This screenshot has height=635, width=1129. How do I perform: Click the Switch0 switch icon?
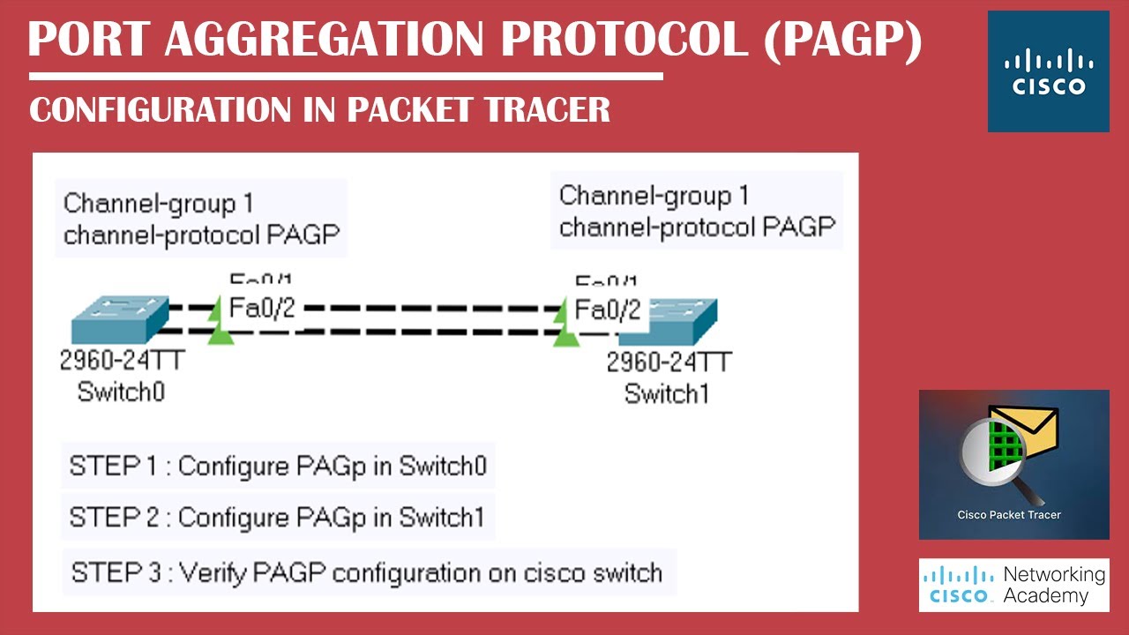119,319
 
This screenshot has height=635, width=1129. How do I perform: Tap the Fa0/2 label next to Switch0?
262,308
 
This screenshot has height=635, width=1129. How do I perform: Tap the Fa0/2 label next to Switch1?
608,310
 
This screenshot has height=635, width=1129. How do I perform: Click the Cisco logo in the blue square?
1048,72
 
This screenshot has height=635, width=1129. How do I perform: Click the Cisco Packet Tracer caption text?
1009,515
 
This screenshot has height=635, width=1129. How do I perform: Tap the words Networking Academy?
1054,585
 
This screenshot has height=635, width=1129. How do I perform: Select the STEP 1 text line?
278,466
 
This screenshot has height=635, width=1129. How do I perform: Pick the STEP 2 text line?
277,518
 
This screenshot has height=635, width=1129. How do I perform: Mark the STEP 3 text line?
367,572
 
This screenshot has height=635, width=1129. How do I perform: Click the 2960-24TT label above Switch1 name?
669,362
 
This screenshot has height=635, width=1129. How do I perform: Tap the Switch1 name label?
667,393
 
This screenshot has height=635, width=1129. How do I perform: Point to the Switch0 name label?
121,391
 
